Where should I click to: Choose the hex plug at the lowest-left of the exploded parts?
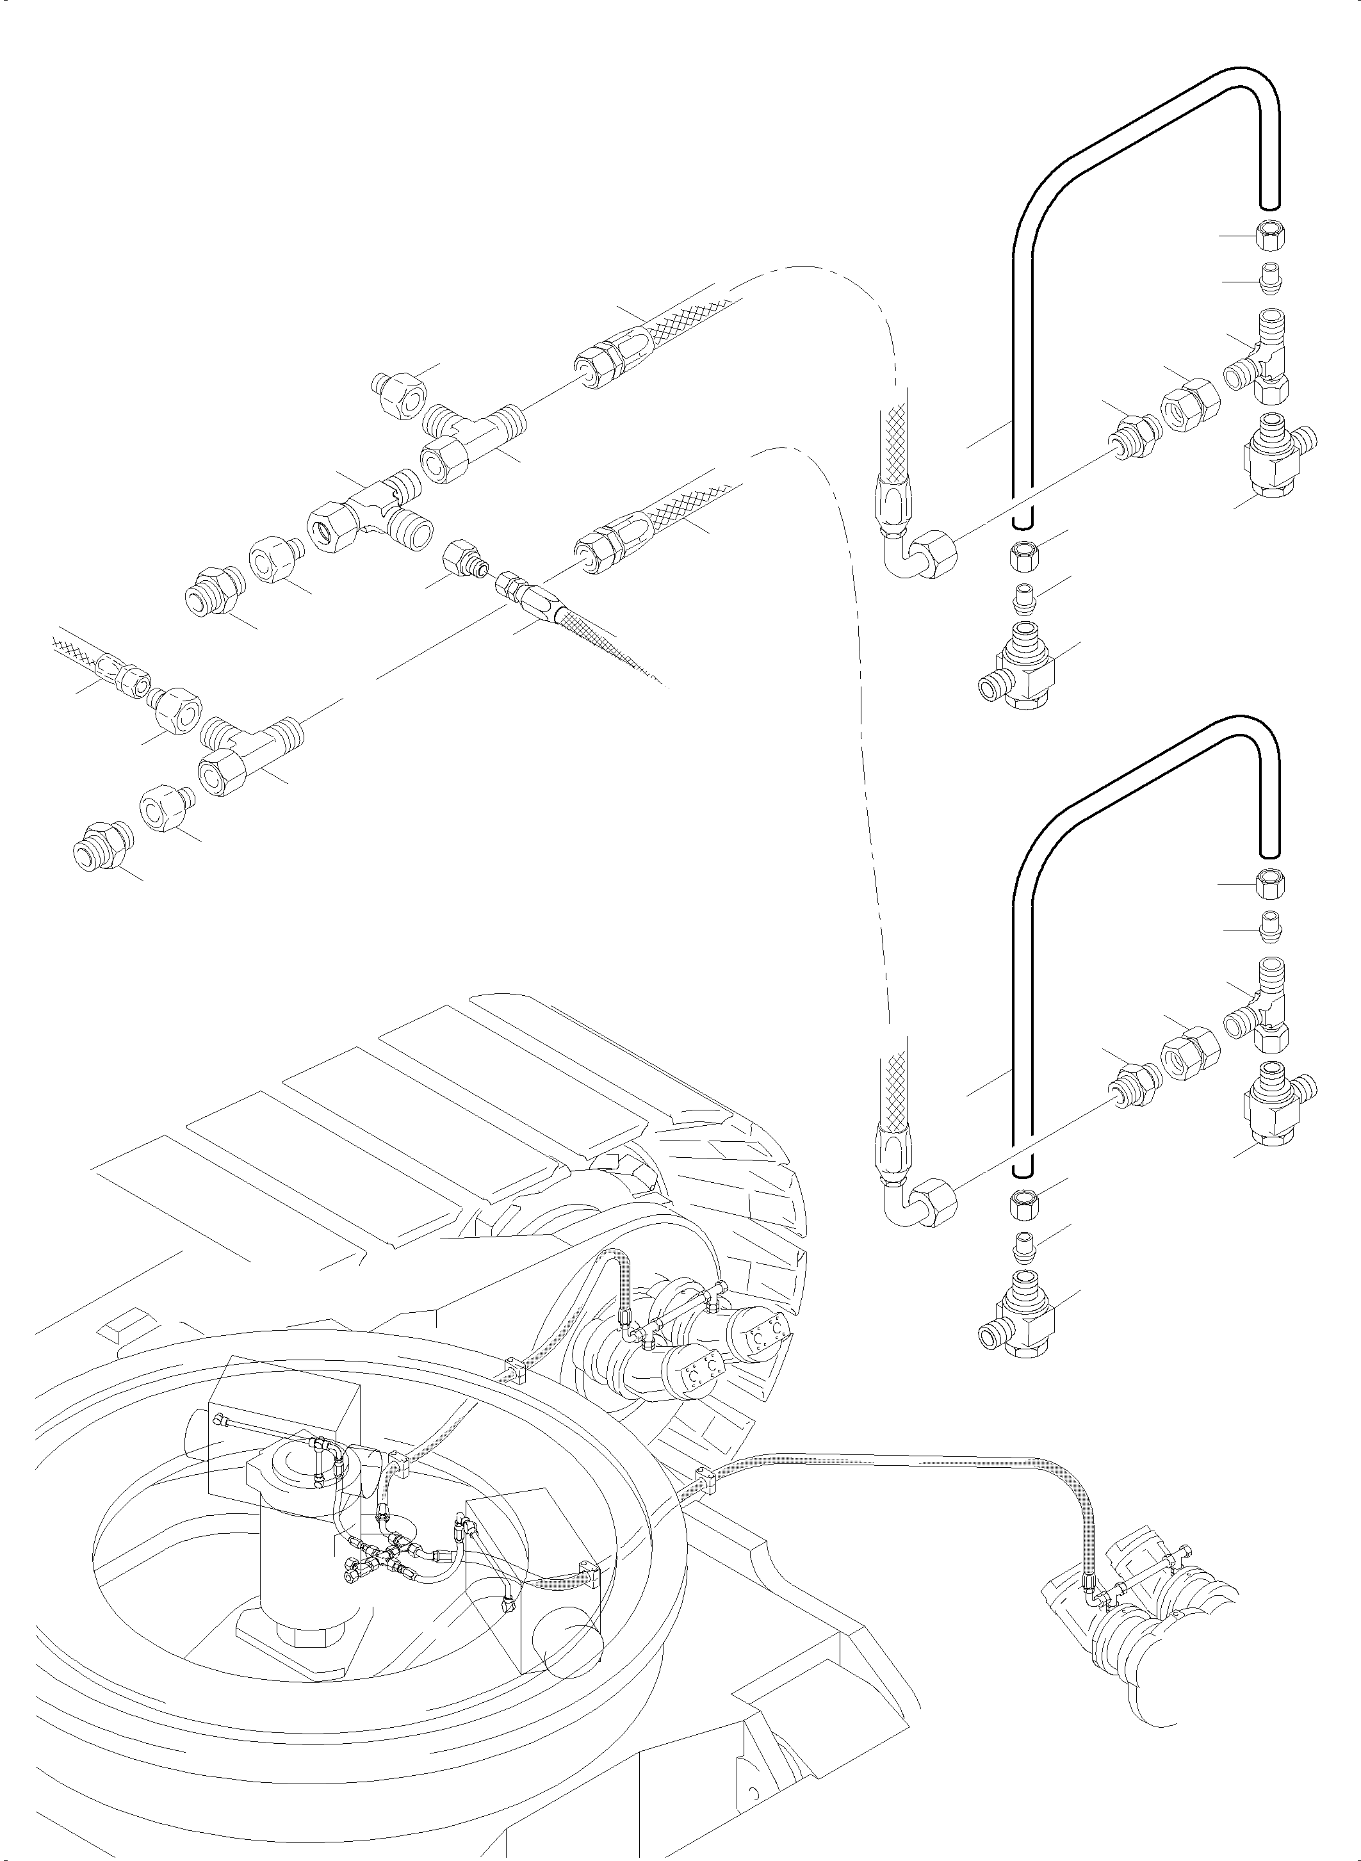click(x=99, y=845)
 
